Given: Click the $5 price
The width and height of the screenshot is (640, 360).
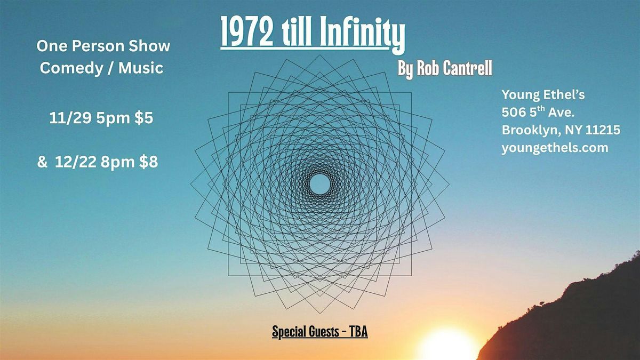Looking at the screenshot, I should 143,118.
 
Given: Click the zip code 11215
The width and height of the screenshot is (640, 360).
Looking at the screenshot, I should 594,130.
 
